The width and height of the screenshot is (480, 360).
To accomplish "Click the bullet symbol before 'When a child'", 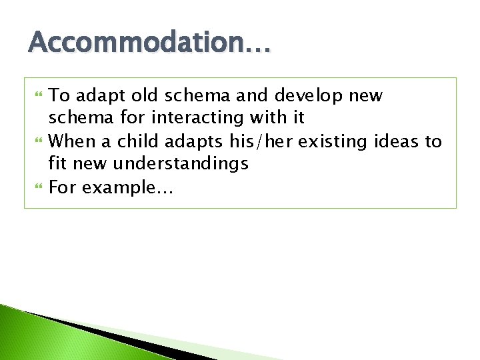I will (x=37, y=141).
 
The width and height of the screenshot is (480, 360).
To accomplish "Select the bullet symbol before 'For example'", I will (x=37, y=188).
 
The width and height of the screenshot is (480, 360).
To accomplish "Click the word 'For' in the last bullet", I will (x=63, y=187).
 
